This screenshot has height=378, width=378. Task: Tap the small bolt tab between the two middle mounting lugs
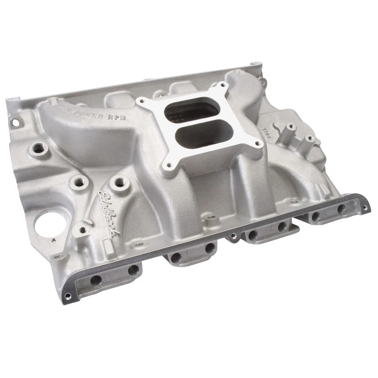pyautogui.click(x=234, y=236)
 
